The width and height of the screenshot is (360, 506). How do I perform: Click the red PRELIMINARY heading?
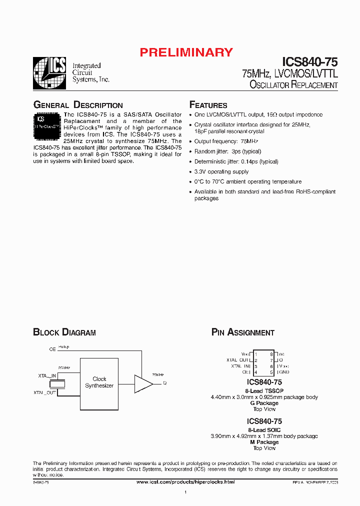point(186,52)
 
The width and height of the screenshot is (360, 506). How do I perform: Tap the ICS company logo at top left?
point(49,73)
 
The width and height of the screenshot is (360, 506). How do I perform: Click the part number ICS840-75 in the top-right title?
point(309,62)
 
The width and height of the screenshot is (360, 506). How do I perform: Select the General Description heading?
point(77,105)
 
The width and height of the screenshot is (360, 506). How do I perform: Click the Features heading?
point(208,105)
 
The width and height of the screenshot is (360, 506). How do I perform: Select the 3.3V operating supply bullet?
point(221,171)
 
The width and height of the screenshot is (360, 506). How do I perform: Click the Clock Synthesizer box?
point(99,382)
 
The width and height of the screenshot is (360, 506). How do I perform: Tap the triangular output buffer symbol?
point(143,383)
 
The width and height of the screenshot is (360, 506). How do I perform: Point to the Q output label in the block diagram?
point(164,383)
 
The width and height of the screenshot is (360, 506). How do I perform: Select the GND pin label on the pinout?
point(283,372)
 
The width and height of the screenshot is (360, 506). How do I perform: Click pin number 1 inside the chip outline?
point(256,354)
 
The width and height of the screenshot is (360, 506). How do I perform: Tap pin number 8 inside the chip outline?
point(271,354)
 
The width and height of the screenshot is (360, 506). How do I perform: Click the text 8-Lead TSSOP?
point(264,390)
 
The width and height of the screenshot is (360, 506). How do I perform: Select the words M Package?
point(264,442)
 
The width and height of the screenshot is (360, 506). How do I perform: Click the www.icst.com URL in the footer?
point(185,481)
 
